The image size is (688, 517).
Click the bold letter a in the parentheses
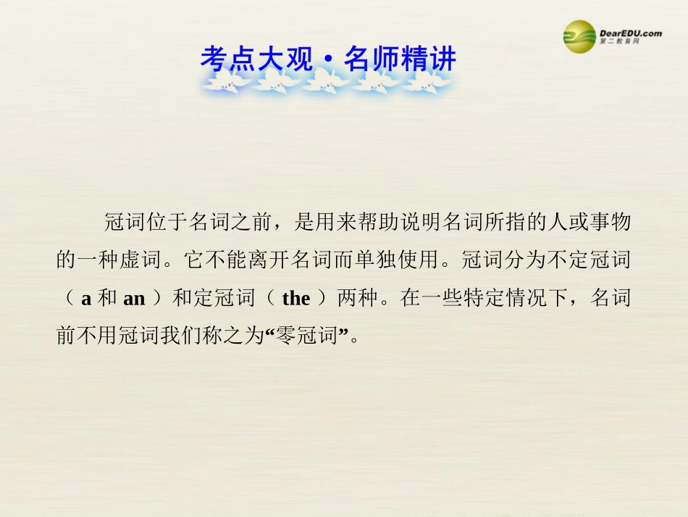click(x=85, y=298)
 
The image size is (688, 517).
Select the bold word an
click(x=134, y=298)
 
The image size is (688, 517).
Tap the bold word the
click(x=295, y=298)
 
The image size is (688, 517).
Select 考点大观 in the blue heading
click(x=257, y=59)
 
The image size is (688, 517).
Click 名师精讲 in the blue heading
click(x=400, y=59)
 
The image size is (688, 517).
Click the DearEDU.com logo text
click(x=630, y=33)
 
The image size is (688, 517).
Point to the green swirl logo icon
click(x=580, y=34)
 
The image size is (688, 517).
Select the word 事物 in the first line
click(x=612, y=223)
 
